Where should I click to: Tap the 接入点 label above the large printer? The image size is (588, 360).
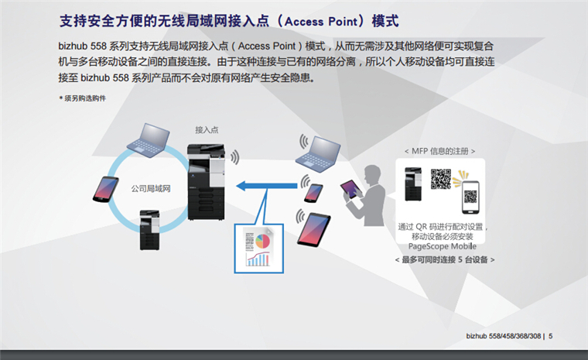(207, 129)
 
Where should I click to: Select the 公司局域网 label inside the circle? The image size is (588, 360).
(150, 188)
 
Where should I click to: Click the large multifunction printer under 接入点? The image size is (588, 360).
(207, 180)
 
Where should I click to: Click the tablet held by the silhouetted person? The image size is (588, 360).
(352, 190)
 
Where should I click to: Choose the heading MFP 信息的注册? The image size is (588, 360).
(440, 150)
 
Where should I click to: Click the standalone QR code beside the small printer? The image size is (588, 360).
(440, 179)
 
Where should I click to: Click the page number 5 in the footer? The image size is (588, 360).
(550, 335)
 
